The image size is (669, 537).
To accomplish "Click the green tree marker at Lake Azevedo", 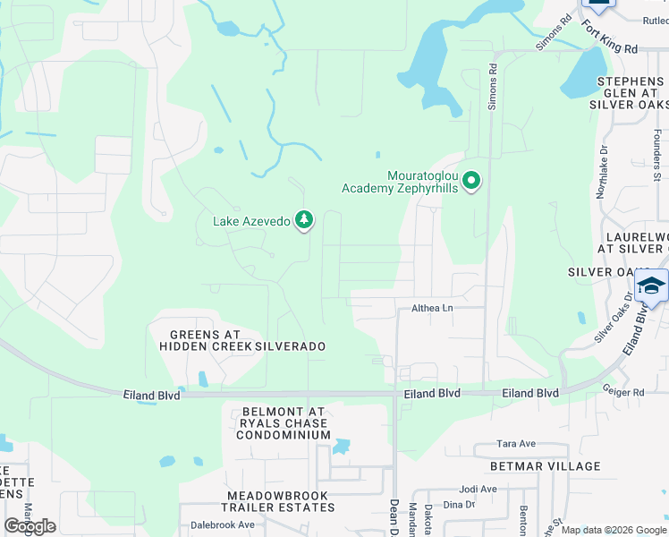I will click(x=304, y=219).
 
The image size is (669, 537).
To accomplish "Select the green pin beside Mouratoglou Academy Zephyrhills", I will click(x=470, y=181).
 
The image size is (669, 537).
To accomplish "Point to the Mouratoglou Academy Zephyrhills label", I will click(x=400, y=182).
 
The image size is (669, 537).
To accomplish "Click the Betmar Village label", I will click(x=545, y=466).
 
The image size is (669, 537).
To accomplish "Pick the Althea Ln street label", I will click(x=432, y=308).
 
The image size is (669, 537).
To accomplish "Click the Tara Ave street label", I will click(x=516, y=444).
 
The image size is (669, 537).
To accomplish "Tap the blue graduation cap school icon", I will click(x=651, y=286).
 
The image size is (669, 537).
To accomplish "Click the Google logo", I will click(x=30, y=526).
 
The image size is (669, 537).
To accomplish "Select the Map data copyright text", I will click(x=614, y=530).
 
